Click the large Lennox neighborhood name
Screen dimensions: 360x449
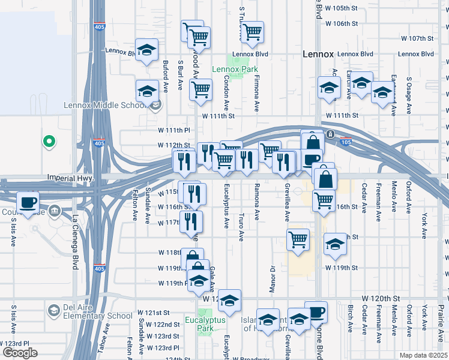coord(318,54)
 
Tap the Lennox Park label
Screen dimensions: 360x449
coord(234,69)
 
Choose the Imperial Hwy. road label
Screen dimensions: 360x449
coord(68,178)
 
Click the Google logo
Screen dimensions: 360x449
coord(19,353)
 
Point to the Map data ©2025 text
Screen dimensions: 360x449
coord(424,355)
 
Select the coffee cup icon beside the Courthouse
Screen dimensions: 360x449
coord(28,201)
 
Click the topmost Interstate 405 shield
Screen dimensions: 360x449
coord(99,27)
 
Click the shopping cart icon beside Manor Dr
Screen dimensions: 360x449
coord(298,239)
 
